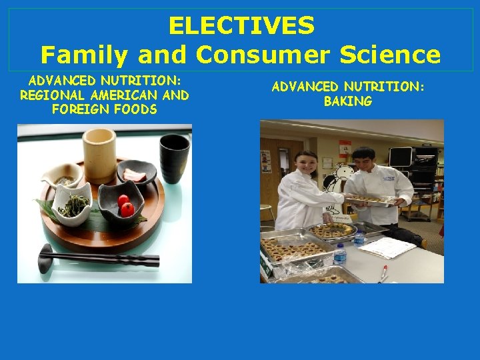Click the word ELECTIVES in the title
241,25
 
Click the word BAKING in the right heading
347,101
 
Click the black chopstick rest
47,256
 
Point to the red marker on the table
385,273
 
